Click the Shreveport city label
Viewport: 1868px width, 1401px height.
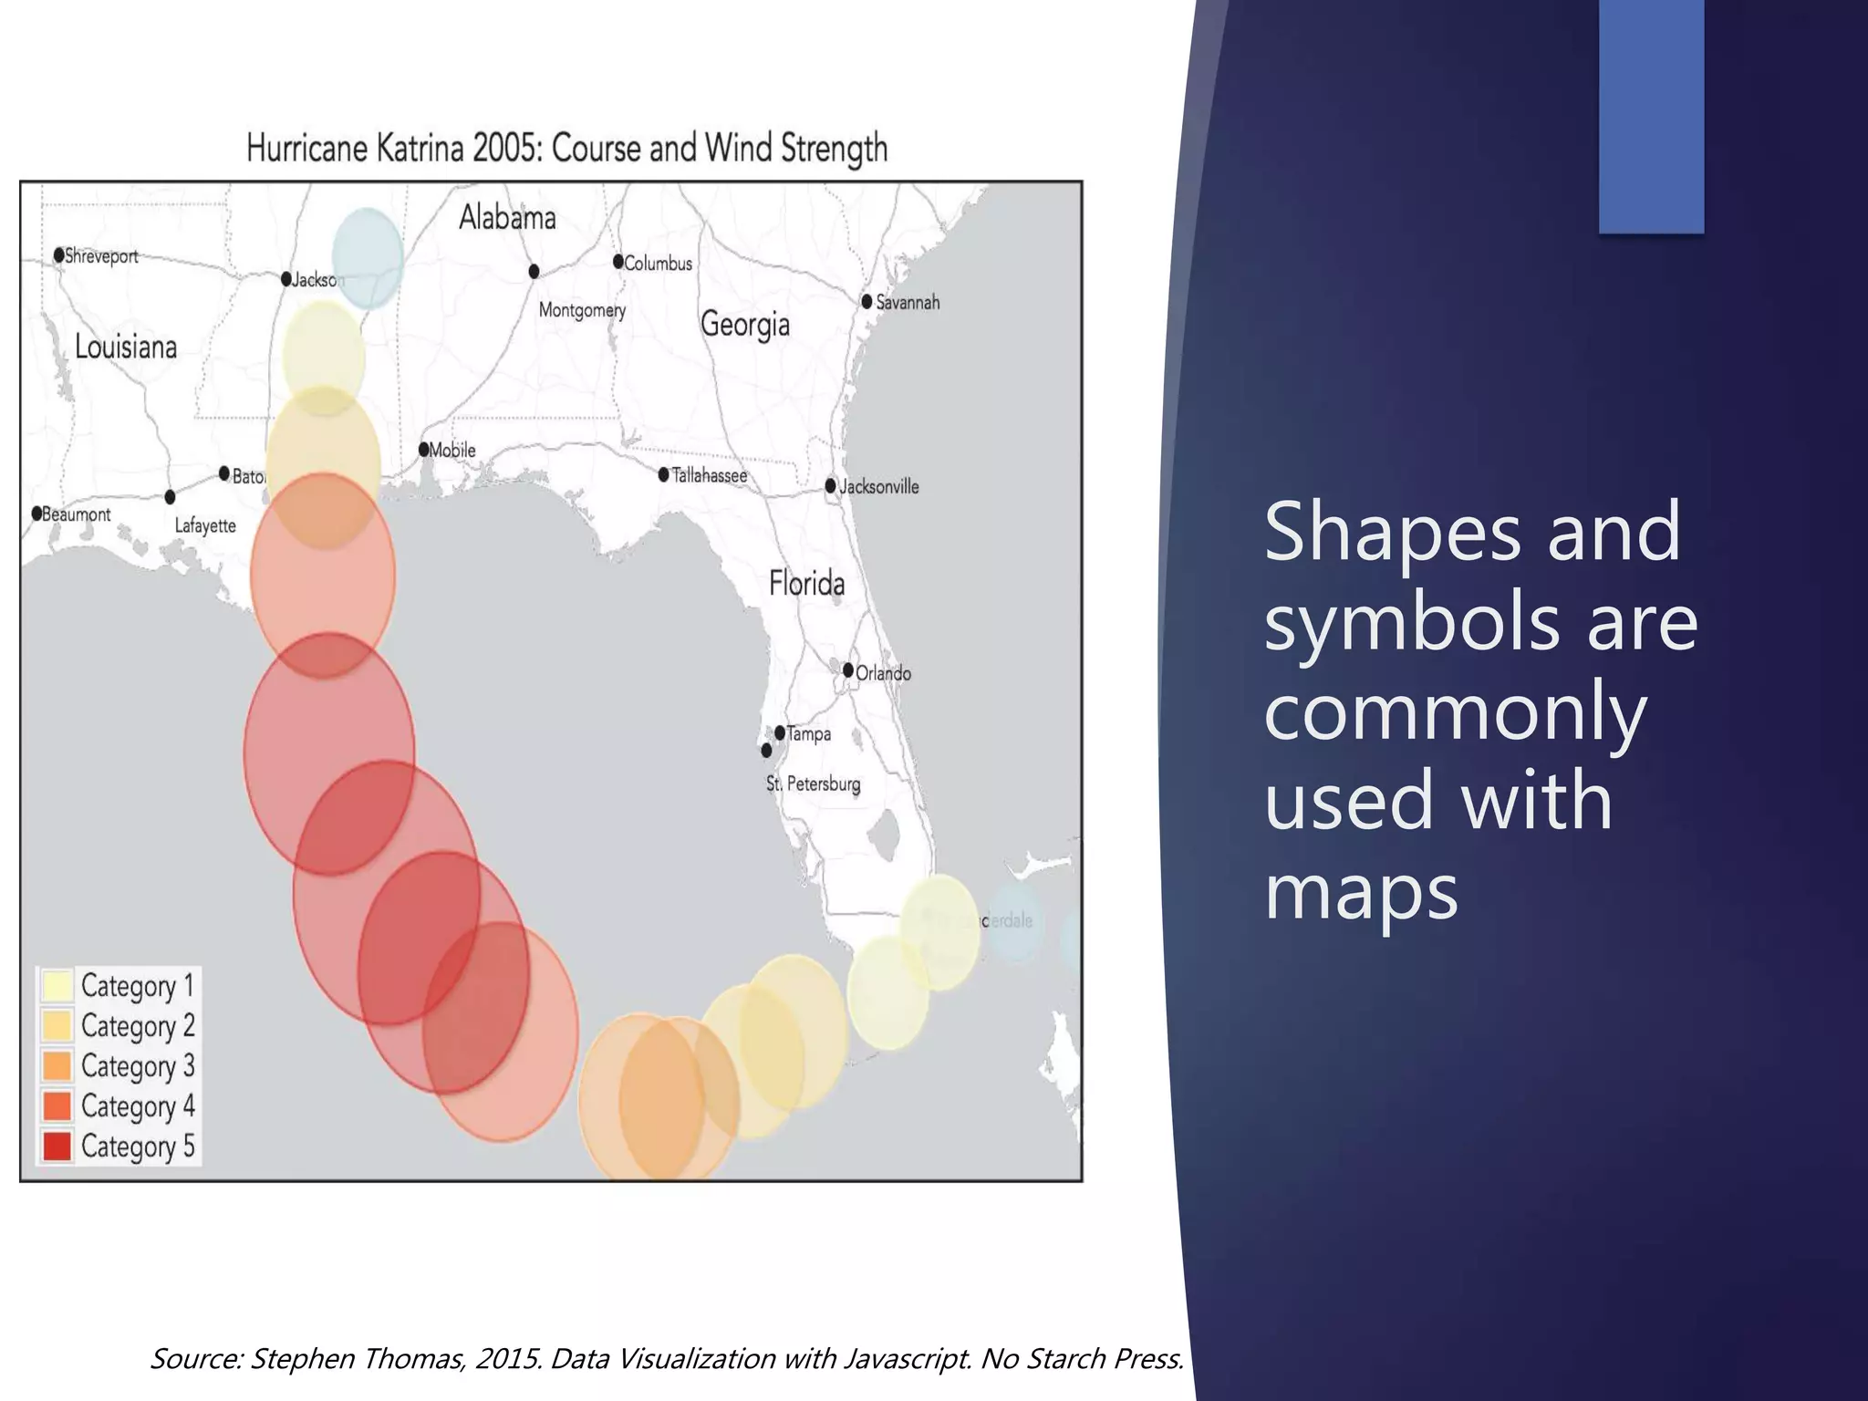[x=100, y=256]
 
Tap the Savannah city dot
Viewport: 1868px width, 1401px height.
[x=867, y=302]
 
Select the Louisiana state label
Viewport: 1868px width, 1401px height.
[x=126, y=347]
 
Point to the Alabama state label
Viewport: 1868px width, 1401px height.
[x=507, y=217]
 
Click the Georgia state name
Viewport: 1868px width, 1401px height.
[x=744, y=325]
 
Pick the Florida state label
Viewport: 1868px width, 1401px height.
[x=806, y=583]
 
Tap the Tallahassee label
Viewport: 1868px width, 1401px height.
[x=710, y=475]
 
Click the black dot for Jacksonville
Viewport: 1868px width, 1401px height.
[x=831, y=486]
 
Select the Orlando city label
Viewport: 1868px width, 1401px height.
[x=883, y=673]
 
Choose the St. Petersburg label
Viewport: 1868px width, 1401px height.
[x=813, y=784]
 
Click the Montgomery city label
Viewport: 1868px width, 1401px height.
[x=582, y=310]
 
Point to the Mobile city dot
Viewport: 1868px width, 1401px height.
[x=424, y=450]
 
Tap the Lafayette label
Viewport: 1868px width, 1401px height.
[x=205, y=525]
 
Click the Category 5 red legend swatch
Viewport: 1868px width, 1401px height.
[x=57, y=1146]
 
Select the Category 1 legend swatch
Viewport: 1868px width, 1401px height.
[x=57, y=986]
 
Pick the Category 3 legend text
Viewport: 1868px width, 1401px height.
[x=138, y=1066]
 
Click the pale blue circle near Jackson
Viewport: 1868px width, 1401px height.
[x=368, y=258]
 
